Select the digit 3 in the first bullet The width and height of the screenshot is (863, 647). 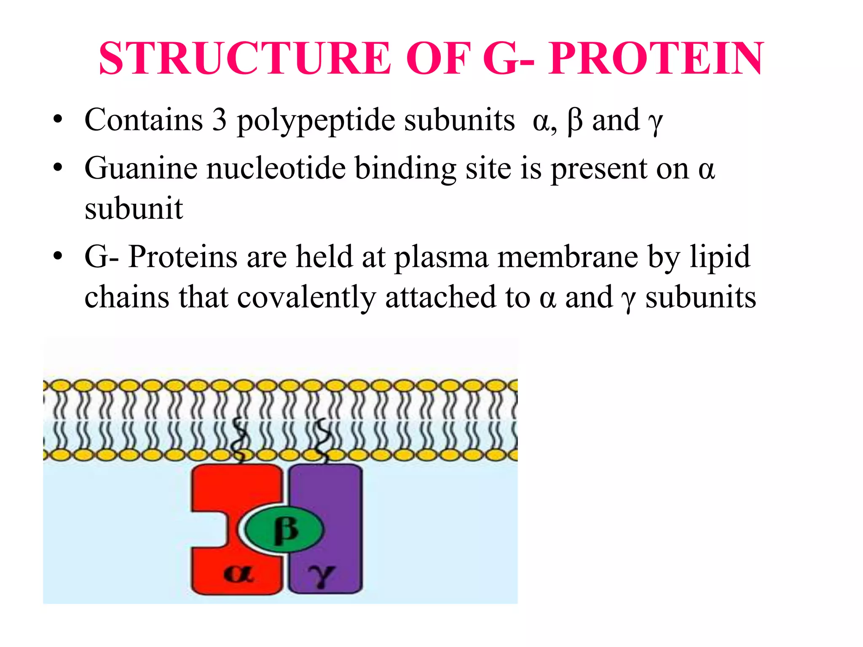coord(219,120)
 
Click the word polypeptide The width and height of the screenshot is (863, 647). coord(316,121)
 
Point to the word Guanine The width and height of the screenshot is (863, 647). coord(141,168)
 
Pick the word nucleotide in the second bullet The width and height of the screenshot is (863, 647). coord(276,168)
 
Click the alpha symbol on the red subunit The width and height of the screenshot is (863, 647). coord(239,574)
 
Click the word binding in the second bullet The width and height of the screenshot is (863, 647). coord(405,168)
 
